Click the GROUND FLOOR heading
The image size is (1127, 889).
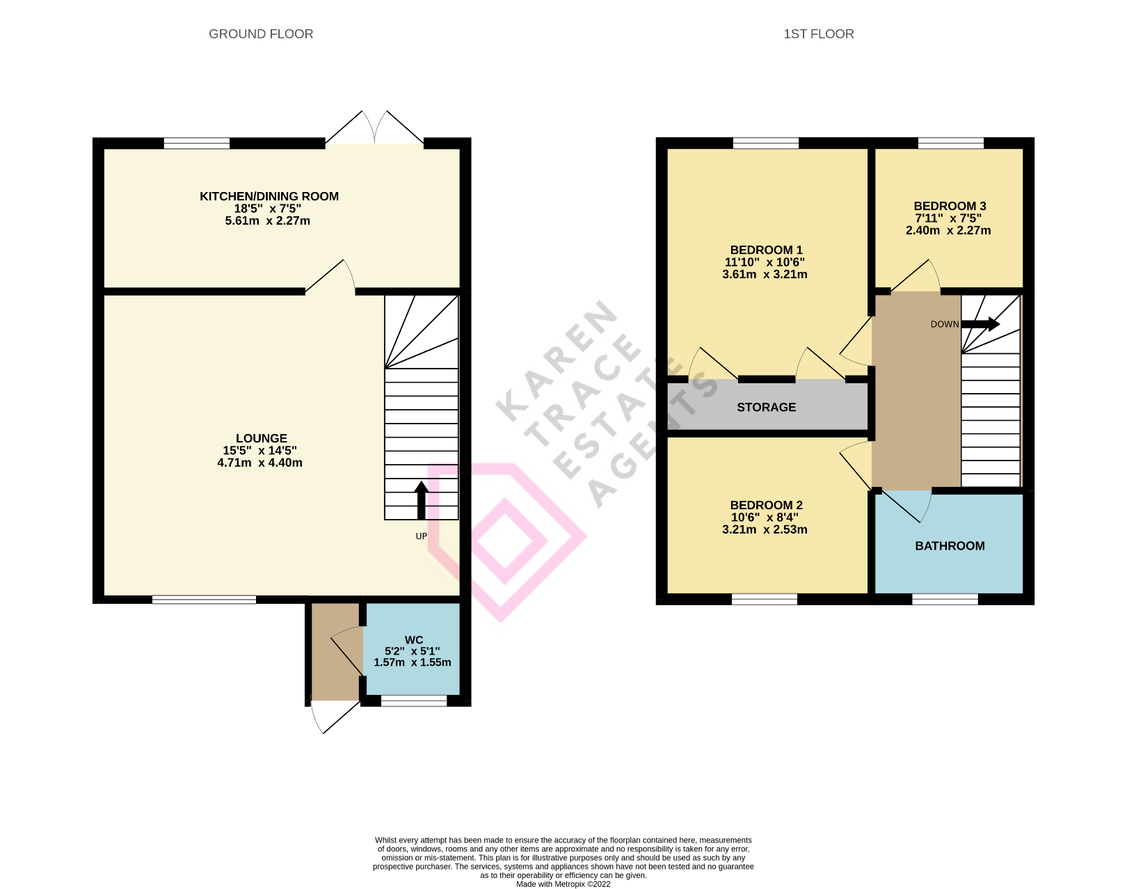coord(261,34)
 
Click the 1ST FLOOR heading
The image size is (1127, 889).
coord(818,34)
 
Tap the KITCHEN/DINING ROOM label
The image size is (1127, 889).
coord(269,196)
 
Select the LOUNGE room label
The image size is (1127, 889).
coord(261,438)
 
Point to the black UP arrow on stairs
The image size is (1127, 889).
coord(421,500)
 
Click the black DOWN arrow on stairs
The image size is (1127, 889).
coord(981,324)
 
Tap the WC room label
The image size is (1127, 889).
coord(413,640)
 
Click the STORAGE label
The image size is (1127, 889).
coord(766,408)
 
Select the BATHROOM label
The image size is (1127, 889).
coord(950,546)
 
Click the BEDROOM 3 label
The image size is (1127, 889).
coord(950,206)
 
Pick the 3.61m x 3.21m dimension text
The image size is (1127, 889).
coord(765,275)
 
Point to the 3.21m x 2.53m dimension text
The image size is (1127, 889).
coord(765,530)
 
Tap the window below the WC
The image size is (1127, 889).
coord(414,701)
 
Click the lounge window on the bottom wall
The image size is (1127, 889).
coord(204,600)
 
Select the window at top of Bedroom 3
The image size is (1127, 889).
coord(950,143)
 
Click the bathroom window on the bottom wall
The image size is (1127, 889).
coord(945,600)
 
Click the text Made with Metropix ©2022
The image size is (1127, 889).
coord(563,884)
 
